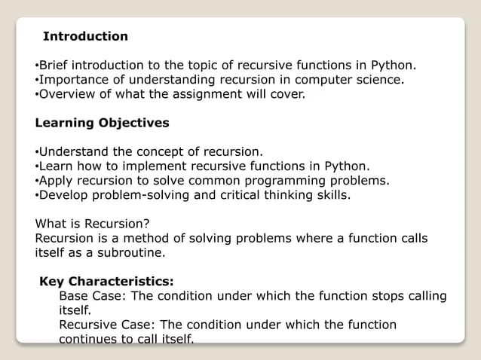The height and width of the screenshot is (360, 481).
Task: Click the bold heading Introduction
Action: (85, 36)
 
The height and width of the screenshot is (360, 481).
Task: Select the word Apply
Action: (55, 181)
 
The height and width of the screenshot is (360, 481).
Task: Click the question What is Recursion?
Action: (93, 223)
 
